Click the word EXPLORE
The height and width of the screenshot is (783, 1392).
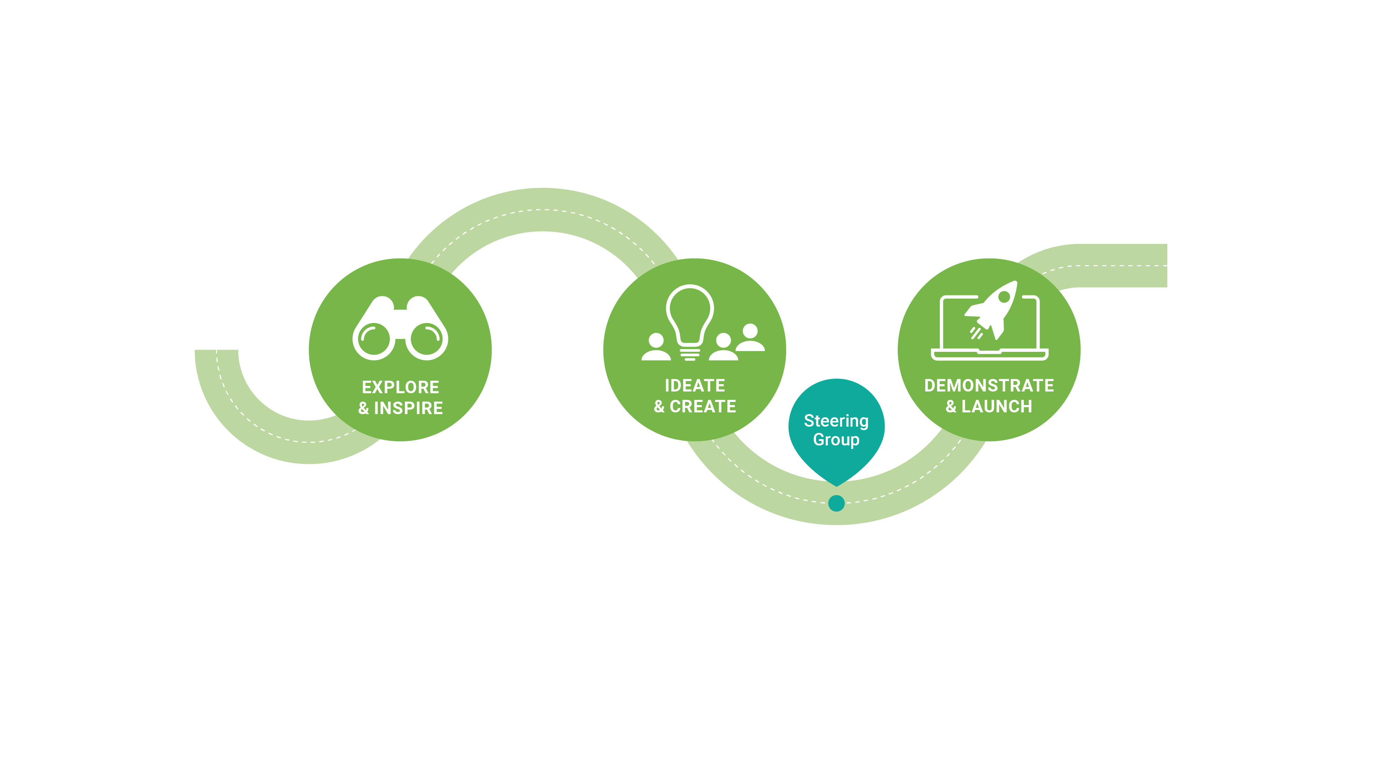coord(400,387)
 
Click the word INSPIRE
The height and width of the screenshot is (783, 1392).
coord(408,408)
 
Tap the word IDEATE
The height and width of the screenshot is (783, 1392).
coord(695,386)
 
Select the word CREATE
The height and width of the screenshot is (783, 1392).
coord(703,406)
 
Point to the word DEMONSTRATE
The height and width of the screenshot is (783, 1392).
coord(989,386)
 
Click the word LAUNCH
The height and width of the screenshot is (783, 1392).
coord(997,406)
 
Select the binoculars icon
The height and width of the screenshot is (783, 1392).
coord(400,328)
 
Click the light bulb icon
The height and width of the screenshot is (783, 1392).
coord(690,322)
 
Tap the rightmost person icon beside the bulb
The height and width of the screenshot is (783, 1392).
coord(750,338)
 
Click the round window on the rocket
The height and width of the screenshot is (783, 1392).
coord(1005,296)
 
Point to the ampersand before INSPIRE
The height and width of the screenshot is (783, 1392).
coord(364,408)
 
